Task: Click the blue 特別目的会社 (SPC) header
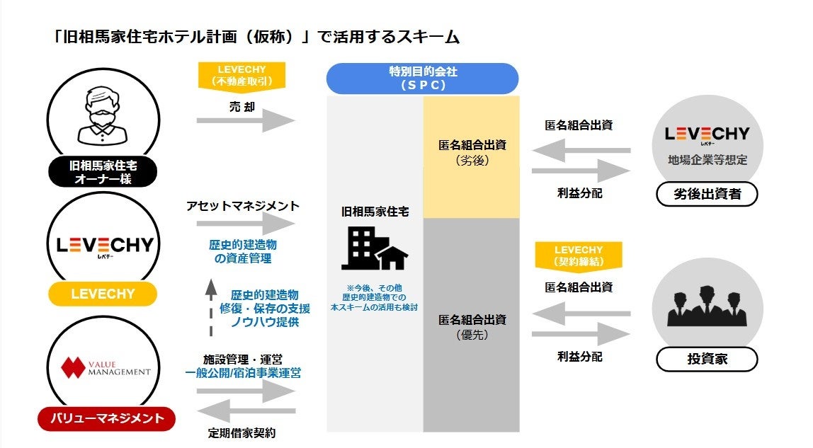click(422, 78)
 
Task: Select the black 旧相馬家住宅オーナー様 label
click(103, 172)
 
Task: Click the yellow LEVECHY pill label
click(103, 294)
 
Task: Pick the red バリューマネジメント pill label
click(106, 418)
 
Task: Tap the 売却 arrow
click(245, 120)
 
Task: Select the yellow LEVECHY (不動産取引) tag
click(241, 76)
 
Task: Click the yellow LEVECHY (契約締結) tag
click(579, 256)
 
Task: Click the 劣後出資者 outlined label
click(706, 194)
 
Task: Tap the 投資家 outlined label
click(706, 360)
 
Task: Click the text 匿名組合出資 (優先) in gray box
click(472, 326)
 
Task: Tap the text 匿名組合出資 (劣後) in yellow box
click(472, 152)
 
